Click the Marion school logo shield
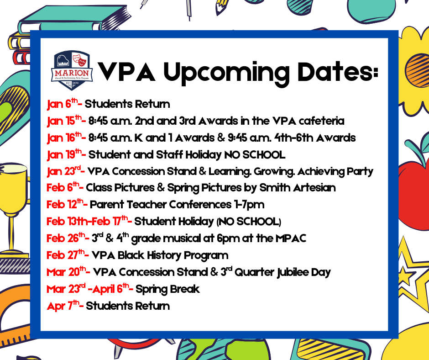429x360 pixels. (73, 70)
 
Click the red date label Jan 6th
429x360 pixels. (62, 104)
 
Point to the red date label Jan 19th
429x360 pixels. (63, 155)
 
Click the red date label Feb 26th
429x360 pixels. (65, 238)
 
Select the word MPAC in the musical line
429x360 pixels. (291, 238)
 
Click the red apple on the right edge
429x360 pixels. (413, 183)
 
